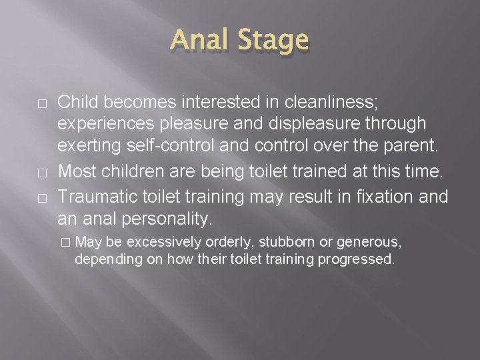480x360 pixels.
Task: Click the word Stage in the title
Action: coord(273,42)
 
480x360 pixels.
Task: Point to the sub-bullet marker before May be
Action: coord(65,241)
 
